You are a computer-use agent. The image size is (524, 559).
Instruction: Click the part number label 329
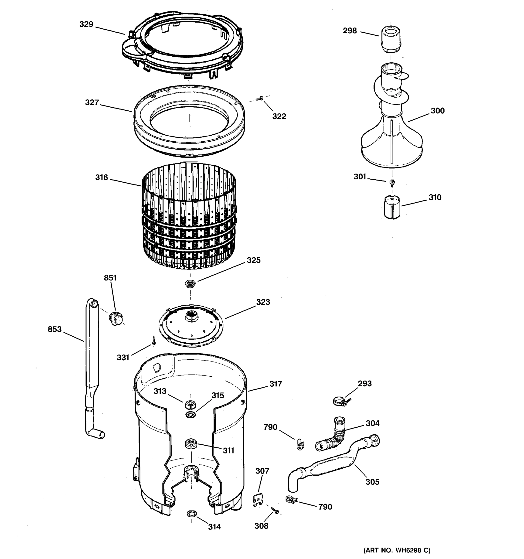(x=86, y=24)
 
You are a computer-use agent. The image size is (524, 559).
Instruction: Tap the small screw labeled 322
(x=260, y=98)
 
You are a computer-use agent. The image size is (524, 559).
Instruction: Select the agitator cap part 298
(x=391, y=39)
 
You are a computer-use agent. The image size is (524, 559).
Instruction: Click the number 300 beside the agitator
(x=437, y=111)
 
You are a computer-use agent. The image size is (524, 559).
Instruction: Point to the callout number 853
(x=54, y=329)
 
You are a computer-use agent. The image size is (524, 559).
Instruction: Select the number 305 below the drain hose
(x=372, y=482)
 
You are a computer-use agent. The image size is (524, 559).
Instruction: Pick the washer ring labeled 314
(x=192, y=514)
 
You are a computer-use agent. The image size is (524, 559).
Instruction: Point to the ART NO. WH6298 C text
(x=397, y=550)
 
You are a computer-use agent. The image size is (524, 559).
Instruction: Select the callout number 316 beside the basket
(x=102, y=177)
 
